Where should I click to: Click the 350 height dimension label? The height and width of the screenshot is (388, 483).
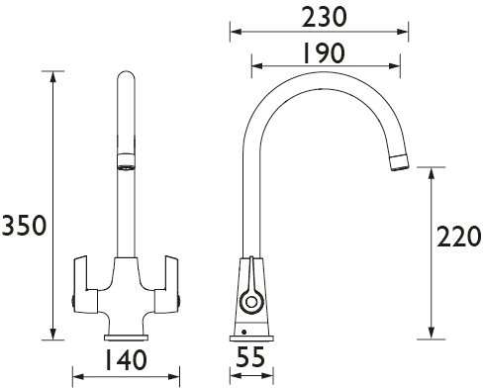pyautogui.click(x=24, y=225)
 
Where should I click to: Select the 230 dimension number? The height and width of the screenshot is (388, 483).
pyautogui.click(x=325, y=17)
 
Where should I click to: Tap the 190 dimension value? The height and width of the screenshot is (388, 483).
pyautogui.click(x=324, y=53)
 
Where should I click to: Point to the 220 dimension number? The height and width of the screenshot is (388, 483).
pyautogui.click(x=459, y=237)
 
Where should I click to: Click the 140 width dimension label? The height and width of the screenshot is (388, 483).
pyautogui.click(x=126, y=359)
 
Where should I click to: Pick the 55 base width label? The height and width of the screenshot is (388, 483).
pyautogui.click(x=250, y=356)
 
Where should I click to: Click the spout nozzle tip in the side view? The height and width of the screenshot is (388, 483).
pyautogui.click(x=400, y=162)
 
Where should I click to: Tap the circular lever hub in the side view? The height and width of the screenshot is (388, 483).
pyautogui.click(x=251, y=302)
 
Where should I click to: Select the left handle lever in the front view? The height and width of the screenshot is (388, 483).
pyautogui.click(x=85, y=284)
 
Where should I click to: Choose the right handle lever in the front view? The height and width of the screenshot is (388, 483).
pyautogui.click(x=167, y=284)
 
